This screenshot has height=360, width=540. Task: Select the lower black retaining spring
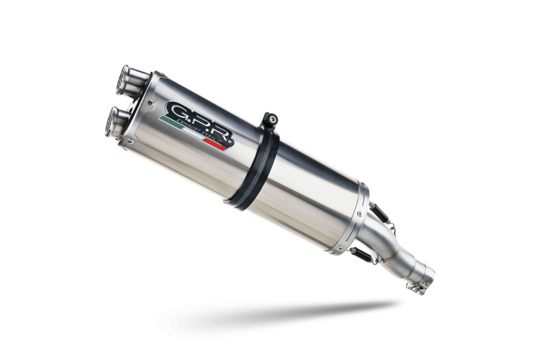click(363, 255)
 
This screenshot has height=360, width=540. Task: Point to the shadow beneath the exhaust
click(279, 312)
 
